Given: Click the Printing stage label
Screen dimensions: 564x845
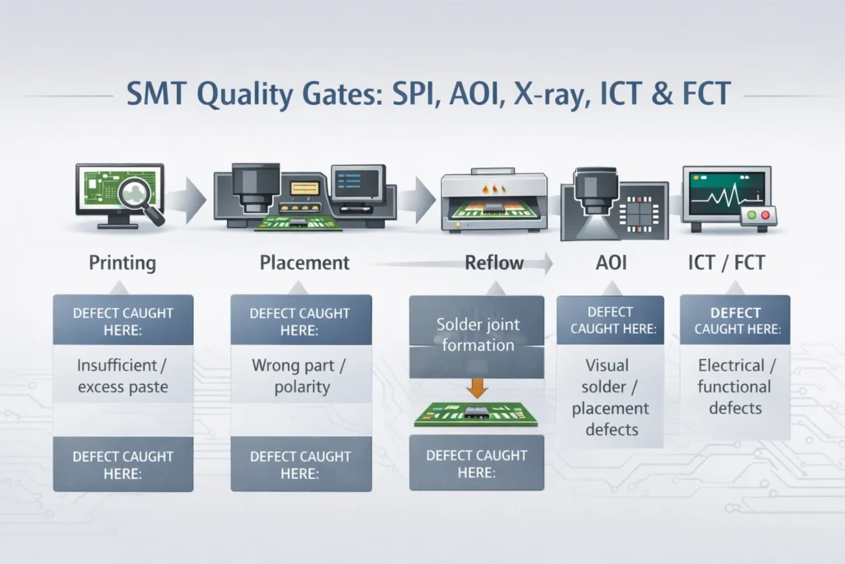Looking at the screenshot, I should click(x=122, y=263).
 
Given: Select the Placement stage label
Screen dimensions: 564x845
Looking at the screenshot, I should click(x=304, y=263).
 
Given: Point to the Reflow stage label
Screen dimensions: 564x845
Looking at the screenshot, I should click(x=494, y=263).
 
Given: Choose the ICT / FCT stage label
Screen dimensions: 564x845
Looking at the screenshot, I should click(x=726, y=263).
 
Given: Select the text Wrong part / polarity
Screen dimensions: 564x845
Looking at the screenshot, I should click(x=301, y=375).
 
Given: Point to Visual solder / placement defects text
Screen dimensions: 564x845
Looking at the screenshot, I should click(x=611, y=396).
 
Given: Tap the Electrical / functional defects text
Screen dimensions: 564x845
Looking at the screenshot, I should click(x=734, y=386).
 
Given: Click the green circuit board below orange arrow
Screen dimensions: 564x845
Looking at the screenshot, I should click(x=476, y=414).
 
